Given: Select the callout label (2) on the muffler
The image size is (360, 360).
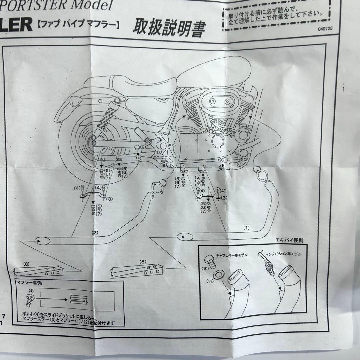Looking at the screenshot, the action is coord(95,232).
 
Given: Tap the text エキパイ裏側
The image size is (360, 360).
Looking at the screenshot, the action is coord(290,241).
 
